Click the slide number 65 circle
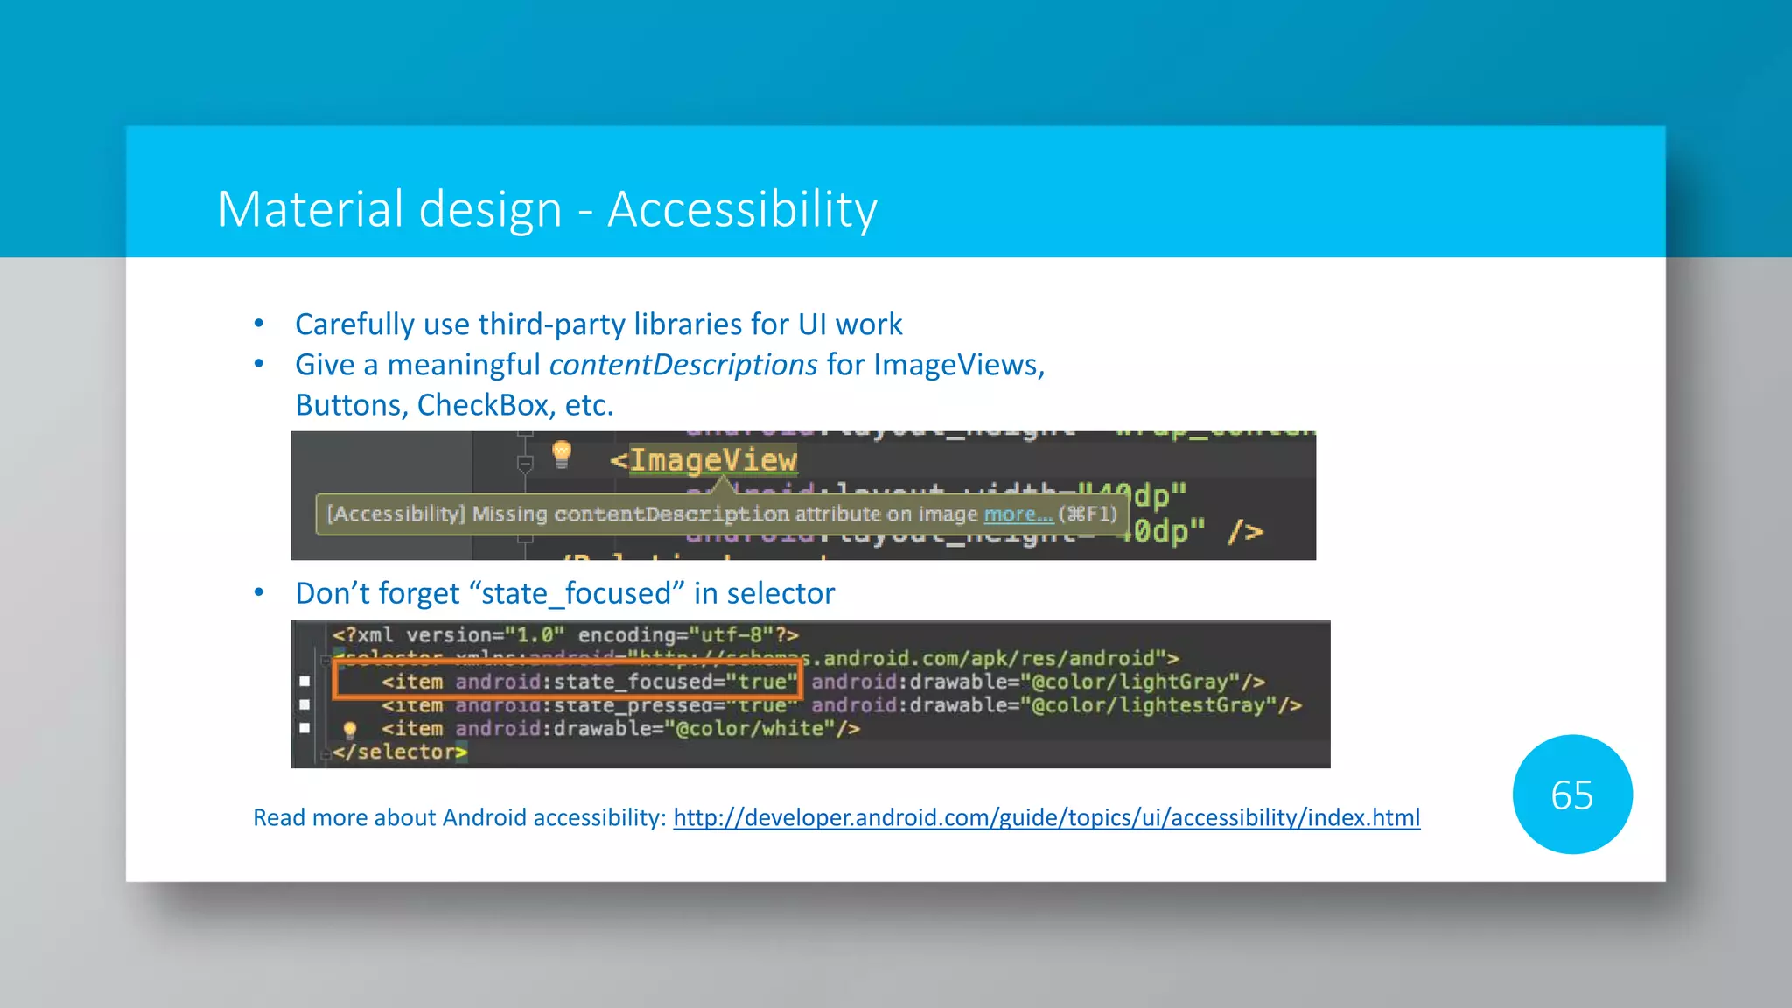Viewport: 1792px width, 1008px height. [x=1571, y=794]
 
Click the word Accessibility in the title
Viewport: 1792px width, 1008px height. [x=742, y=210]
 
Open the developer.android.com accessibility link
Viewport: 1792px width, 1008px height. [x=1046, y=817]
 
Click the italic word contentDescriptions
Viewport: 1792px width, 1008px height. [x=683, y=365]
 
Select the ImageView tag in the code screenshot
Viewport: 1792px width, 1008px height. [x=712, y=459]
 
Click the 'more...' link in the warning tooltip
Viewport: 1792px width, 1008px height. [x=1018, y=514]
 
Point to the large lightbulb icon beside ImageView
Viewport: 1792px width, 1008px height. [x=562, y=453]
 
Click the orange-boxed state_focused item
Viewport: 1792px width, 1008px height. [x=567, y=682]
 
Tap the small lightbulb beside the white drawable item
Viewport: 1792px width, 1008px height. [x=349, y=729]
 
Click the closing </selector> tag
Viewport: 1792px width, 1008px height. [x=399, y=752]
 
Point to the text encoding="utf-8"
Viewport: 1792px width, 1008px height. [x=676, y=634]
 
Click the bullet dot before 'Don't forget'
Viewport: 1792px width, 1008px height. [x=259, y=592]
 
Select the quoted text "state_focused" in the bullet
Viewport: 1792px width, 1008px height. [x=577, y=593]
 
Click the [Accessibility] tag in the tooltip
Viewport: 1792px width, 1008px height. [x=395, y=514]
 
